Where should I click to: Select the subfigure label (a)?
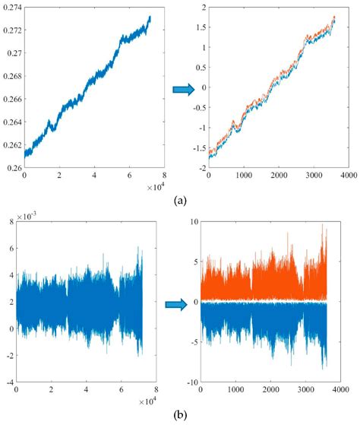(179, 201)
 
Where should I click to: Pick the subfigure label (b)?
(179, 416)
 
